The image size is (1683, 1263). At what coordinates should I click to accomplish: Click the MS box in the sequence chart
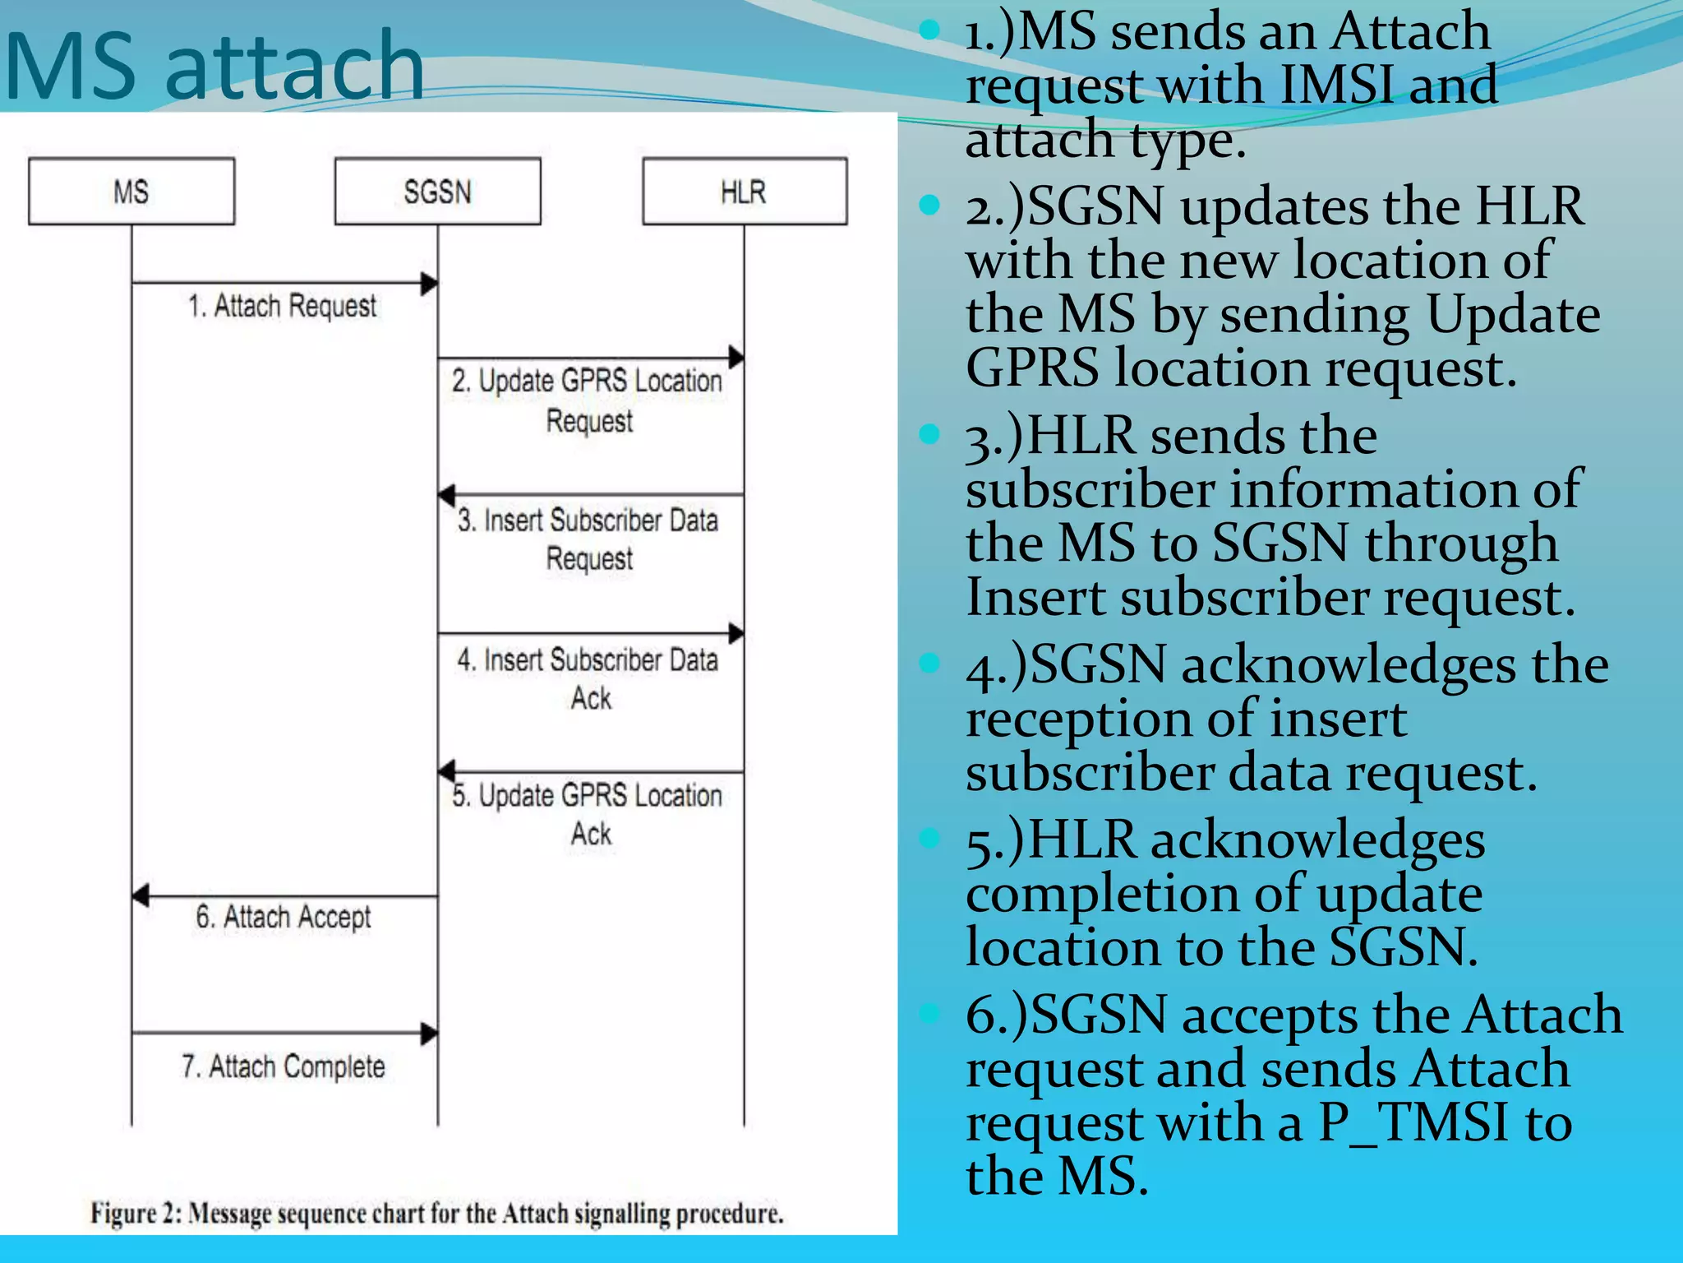(x=131, y=192)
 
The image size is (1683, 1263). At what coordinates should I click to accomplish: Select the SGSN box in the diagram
(x=437, y=192)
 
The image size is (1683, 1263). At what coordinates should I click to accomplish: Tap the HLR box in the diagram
(x=744, y=192)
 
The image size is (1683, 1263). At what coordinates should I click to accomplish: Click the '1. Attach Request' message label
(x=282, y=306)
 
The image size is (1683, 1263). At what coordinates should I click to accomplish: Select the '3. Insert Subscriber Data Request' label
(x=588, y=539)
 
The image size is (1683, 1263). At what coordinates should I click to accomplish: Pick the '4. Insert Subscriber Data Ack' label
(x=588, y=678)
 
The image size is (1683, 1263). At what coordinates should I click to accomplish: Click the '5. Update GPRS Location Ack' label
(x=588, y=814)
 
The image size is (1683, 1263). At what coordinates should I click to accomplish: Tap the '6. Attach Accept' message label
(x=284, y=916)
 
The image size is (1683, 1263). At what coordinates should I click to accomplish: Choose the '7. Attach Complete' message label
(x=284, y=1066)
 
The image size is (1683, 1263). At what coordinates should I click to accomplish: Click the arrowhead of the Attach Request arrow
(x=429, y=284)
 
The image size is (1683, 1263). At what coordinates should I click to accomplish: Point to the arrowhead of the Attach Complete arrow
(x=429, y=1033)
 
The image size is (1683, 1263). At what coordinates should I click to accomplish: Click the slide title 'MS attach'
(x=214, y=66)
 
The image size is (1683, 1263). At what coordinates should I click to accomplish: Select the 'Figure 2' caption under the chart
(x=436, y=1213)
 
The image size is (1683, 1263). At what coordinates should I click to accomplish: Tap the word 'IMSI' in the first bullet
(x=1337, y=85)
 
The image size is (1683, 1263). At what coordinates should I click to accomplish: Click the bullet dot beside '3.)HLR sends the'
(x=929, y=433)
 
